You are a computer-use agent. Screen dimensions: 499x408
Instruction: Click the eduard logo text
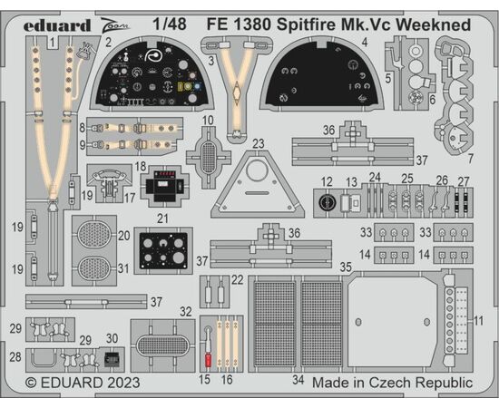(57, 25)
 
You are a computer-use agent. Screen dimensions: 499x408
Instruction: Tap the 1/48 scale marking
(170, 24)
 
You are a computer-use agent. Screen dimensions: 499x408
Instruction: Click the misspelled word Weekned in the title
(433, 24)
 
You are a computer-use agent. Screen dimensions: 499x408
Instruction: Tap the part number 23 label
(258, 143)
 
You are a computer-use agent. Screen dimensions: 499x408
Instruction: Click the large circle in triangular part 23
(257, 171)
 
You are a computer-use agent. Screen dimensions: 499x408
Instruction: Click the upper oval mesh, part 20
(94, 235)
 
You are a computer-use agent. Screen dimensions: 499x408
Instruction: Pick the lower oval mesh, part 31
(94, 269)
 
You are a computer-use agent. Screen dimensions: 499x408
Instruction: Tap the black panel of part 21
(163, 251)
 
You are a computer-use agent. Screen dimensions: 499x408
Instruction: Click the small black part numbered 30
(112, 359)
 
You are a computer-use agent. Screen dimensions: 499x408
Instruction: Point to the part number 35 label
(346, 267)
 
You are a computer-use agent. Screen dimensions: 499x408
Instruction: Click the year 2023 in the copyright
(123, 383)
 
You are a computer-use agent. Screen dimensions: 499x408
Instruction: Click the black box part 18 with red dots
(164, 186)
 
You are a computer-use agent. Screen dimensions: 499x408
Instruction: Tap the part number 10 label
(208, 121)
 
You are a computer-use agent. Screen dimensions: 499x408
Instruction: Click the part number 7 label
(470, 159)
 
